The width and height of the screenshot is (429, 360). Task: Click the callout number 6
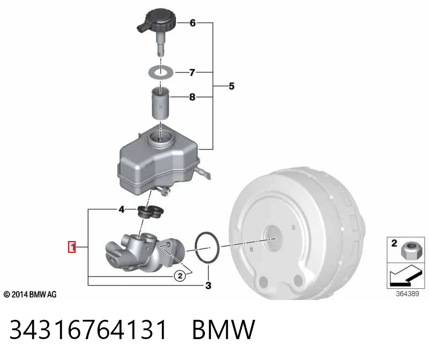[193, 22]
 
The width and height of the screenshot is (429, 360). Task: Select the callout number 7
[193, 72]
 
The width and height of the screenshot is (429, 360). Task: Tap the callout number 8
[193, 97]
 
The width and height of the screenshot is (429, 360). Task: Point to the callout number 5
[232, 86]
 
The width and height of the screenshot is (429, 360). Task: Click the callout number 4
[122, 209]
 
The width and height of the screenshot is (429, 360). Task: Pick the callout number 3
[208, 286]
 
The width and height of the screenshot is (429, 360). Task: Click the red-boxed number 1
[72, 247]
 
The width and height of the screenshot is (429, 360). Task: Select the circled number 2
[180, 276]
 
